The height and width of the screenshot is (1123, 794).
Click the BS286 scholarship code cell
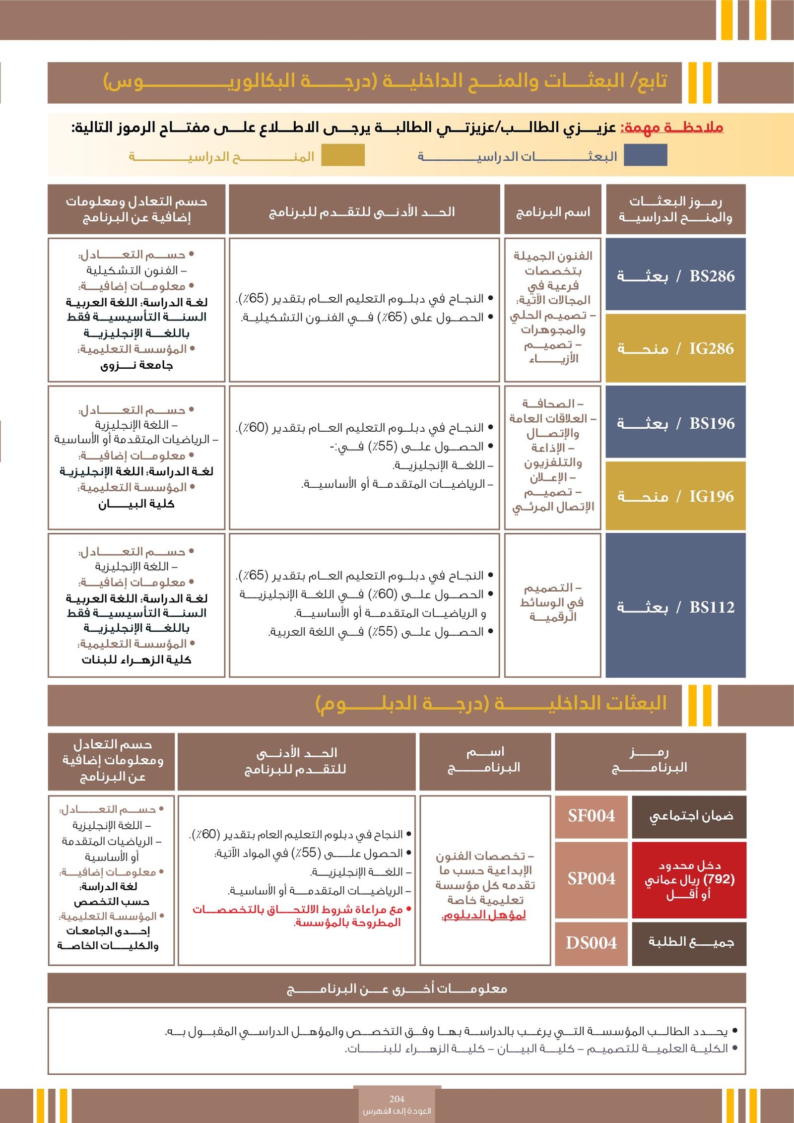(x=675, y=276)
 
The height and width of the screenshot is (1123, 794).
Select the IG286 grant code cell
(x=675, y=348)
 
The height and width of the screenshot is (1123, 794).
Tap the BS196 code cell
(x=675, y=423)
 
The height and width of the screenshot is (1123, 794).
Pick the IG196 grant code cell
(x=675, y=496)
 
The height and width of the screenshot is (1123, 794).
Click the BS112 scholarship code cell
(x=675, y=607)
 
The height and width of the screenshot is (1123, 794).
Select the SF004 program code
(x=591, y=815)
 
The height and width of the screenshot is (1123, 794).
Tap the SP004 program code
(x=591, y=878)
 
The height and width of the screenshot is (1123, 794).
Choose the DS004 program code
(x=591, y=943)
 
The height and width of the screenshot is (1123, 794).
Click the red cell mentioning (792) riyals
(x=689, y=879)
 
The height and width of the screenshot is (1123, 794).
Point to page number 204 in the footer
(x=397, y=1099)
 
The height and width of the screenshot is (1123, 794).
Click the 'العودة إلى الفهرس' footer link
(x=397, y=1111)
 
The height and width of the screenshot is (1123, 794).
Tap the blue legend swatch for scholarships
(x=645, y=155)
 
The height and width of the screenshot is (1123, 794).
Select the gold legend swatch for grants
(x=342, y=155)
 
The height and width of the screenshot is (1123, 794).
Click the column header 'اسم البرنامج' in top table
(x=553, y=212)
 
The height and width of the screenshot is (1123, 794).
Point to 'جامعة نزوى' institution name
(x=136, y=366)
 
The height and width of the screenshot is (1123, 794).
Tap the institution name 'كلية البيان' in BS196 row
(x=136, y=504)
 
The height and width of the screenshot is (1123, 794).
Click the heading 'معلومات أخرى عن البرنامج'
(x=397, y=989)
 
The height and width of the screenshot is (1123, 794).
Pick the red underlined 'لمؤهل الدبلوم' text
(x=484, y=915)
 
